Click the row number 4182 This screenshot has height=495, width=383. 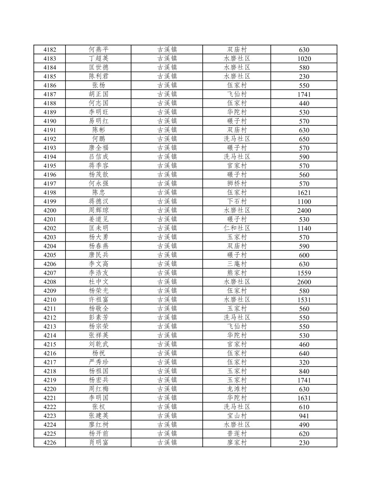pyautogui.click(x=50, y=50)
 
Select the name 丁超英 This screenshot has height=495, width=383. pyautogui.click(x=98, y=59)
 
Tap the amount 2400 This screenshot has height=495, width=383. pyautogui.click(x=304, y=211)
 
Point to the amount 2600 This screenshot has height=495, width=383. pyautogui.click(x=304, y=282)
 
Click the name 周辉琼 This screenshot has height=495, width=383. pyautogui.click(x=98, y=210)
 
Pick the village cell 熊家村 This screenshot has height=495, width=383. pyautogui.click(x=237, y=273)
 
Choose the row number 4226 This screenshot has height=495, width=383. pyautogui.click(x=50, y=443)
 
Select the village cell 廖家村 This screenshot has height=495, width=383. pyautogui.click(x=237, y=443)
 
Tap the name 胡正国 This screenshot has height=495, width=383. pyautogui.click(x=98, y=94)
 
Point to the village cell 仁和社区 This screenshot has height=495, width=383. pyautogui.click(x=237, y=228)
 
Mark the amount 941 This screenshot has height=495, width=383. pyautogui.click(x=304, y=416)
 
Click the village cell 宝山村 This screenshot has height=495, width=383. pyautogui.click(x=237, y=416)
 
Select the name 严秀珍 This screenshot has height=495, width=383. pyautogui.click(x=98, y=362)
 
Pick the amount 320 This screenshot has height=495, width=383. pyautogui.click(x=304, y=362)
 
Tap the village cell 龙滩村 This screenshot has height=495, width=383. pyautogui.click(x=237, y=389)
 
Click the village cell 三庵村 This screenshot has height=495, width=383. pyautogui.click(x=237, y=264)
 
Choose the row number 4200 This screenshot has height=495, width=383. pyautogui.click(x=50, y=210)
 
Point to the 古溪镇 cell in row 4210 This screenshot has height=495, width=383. pyautogui.click(x=167, y=300)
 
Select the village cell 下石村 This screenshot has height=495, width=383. pyautogui.click(x=237, y=201)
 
